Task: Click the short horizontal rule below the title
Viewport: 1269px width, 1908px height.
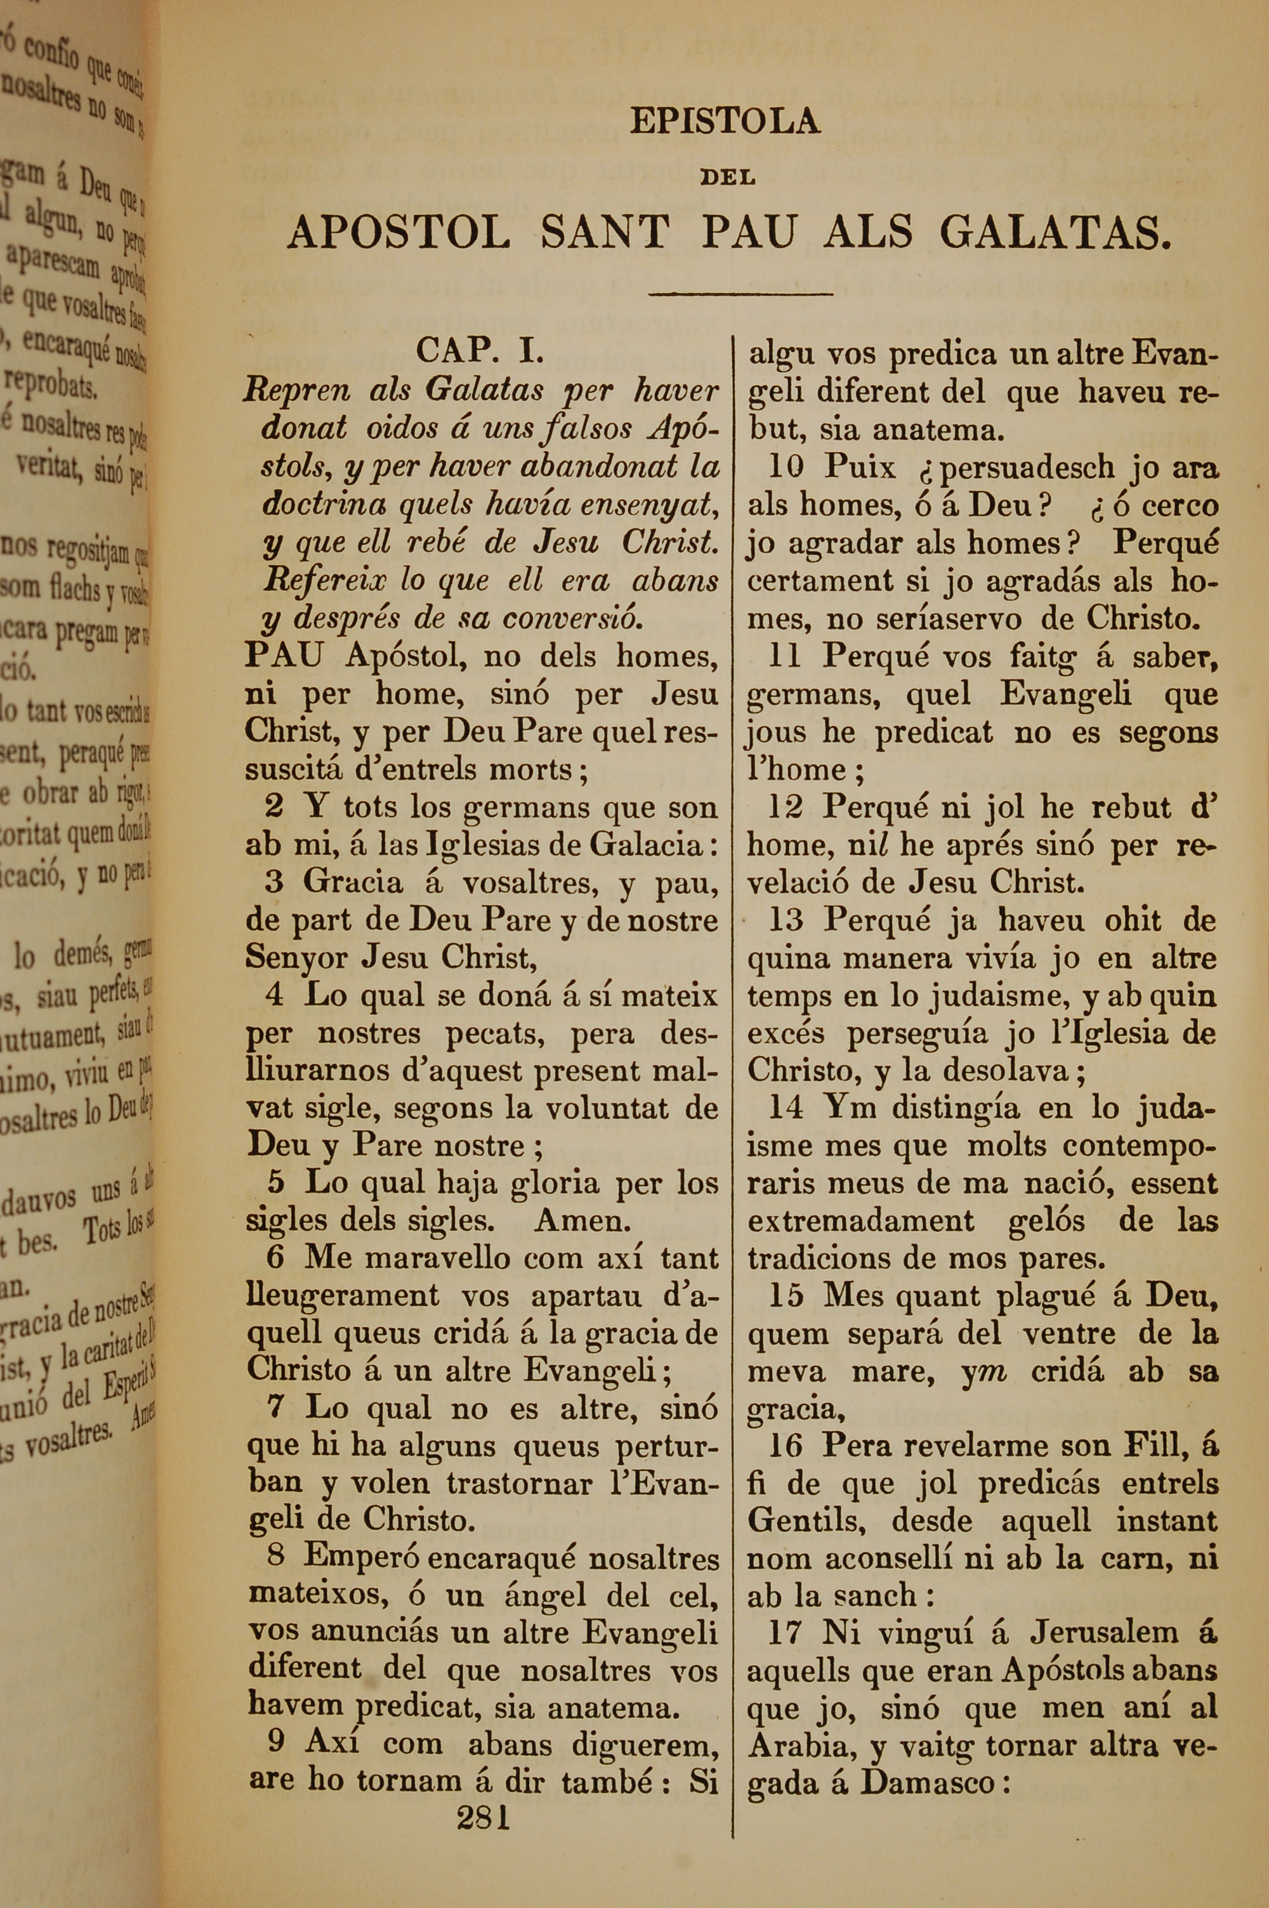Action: (740, 294)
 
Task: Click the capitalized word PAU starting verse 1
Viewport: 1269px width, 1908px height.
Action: (282, 656)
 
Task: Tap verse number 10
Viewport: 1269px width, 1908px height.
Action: (784, 467)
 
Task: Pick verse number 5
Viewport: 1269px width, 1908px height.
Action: (276, 1183)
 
